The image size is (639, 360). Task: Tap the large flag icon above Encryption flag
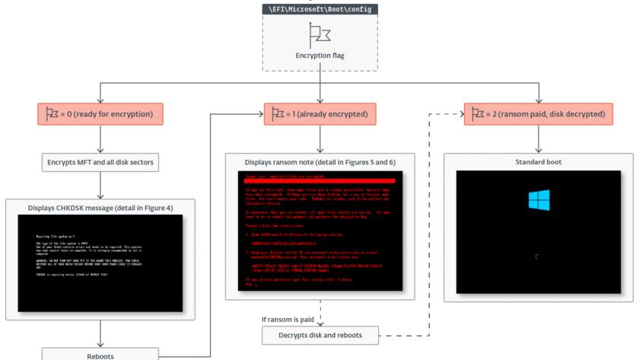click(319, 33)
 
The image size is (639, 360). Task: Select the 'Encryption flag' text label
click(319, 55)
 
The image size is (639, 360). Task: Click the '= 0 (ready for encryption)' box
click(100, 114)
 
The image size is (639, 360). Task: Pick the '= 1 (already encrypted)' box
click(319, 114)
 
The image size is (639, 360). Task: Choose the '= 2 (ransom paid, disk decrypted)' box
click(539, 114)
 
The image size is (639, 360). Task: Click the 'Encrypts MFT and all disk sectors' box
click(100, 161)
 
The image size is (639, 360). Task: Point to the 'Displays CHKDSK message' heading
click(100, 207)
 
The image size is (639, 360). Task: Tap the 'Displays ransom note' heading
click(319, 162)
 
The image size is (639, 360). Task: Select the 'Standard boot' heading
click(539, 161)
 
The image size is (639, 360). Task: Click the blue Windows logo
click(539, 200)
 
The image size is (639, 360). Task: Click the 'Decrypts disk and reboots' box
click(319, 335)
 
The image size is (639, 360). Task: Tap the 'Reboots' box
click(100, 354)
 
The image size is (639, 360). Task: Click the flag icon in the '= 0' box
click(52, 114)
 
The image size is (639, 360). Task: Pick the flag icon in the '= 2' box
click(478, 114)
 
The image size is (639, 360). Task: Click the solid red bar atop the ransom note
click(319, 180)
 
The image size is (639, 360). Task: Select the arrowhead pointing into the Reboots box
click(100, 345)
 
